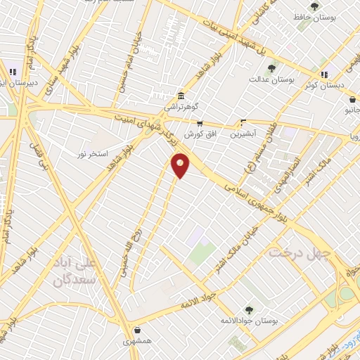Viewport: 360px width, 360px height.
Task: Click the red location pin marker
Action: point(181,165)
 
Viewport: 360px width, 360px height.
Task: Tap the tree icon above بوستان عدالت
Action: point(271,68)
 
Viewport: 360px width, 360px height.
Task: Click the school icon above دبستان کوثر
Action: point(324,75)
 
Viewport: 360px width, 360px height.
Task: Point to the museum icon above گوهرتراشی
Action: point(181,96)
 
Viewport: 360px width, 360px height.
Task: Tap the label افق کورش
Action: point(199,134)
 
